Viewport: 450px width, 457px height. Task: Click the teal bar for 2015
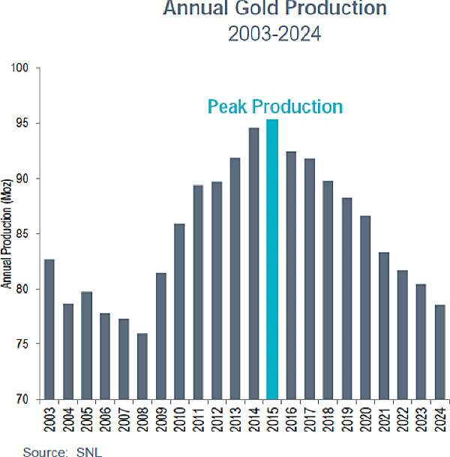click(272, 259)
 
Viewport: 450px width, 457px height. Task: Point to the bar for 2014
click(253, 263)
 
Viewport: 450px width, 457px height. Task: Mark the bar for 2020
click(365, 307)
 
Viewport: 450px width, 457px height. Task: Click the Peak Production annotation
click(274, 107)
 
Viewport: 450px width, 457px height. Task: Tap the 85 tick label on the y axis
click(22, 233)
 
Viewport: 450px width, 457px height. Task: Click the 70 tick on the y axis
click(22, 399)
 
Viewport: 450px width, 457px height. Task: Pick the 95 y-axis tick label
click(22, 123)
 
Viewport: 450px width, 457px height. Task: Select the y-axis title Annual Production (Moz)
click(6, 233)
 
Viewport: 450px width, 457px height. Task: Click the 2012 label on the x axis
click(216, 418)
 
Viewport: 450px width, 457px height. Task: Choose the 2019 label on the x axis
click(347, 418)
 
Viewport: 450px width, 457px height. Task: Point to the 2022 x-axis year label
click(403, 418)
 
